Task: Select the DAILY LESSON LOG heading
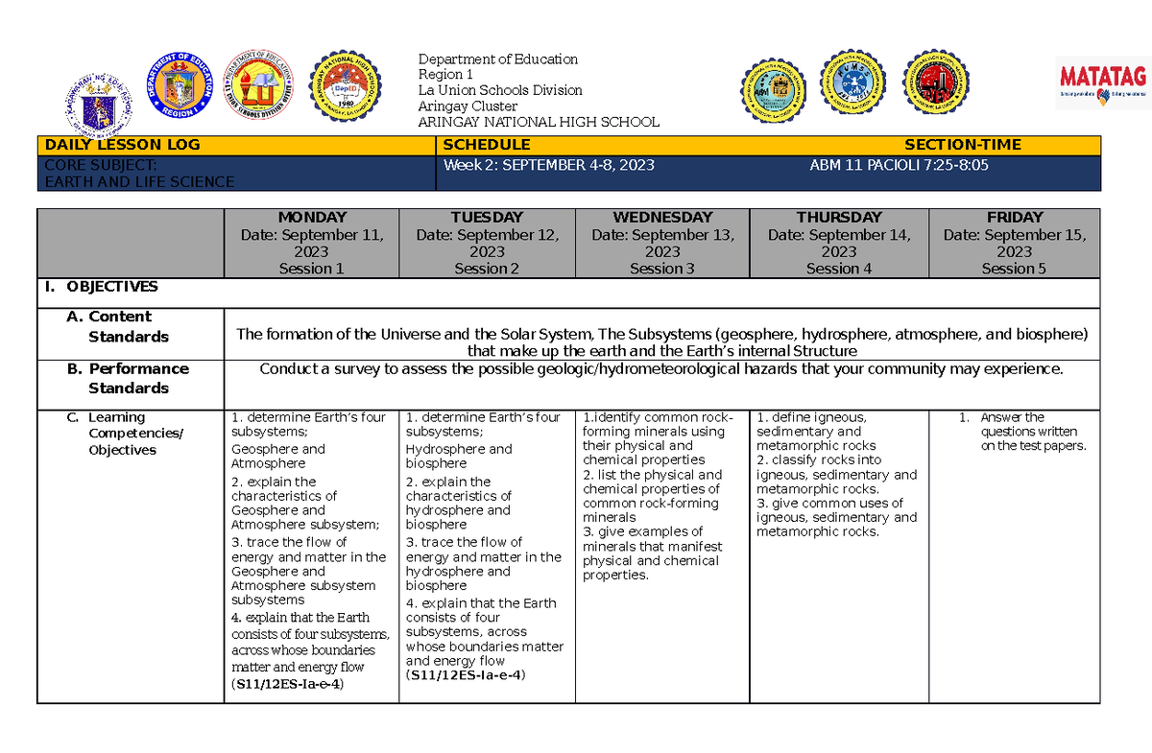click(121, 145)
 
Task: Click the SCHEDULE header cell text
click(486, 145)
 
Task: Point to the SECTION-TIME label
click(963, 145)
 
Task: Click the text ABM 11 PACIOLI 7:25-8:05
click(900, 165)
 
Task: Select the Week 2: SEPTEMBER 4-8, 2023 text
click(549, 165)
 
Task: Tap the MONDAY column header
click(311, 218)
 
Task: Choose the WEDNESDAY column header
click(661, 218)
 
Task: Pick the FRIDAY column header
click(1014, 218)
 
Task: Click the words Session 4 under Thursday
click(838, 270)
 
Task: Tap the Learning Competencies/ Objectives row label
click(126, 434)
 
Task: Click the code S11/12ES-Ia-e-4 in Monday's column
click(288, 684)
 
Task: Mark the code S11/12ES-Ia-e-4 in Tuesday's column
click(465, 675)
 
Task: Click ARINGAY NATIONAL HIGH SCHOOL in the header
click(539, 122)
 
